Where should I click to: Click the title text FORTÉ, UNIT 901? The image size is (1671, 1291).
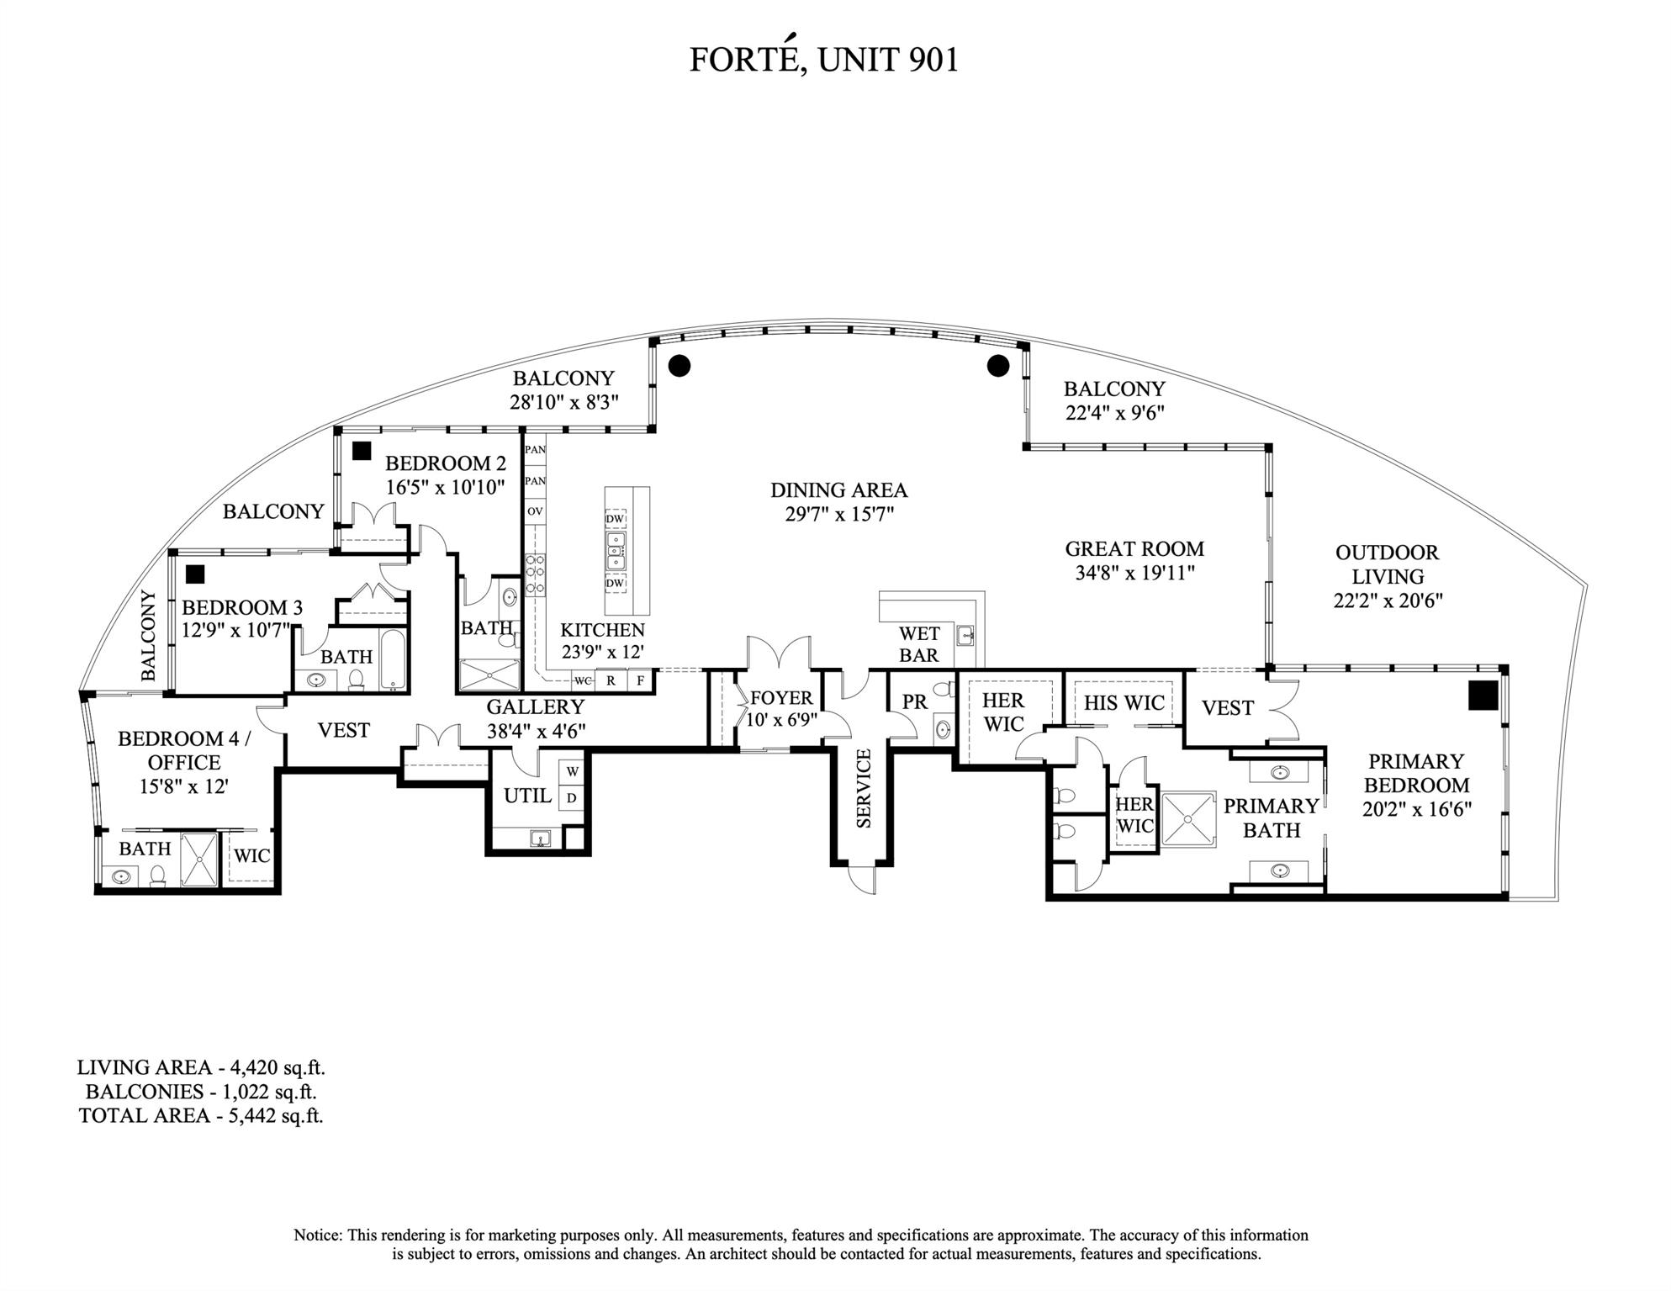(x=823, y=60)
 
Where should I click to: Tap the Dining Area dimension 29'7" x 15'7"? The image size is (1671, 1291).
(x=838, y=514)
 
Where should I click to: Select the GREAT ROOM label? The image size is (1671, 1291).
(x=1134, y=549)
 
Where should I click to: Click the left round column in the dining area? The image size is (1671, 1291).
(x=679, y=365)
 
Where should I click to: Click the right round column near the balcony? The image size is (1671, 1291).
(x=997, y=366)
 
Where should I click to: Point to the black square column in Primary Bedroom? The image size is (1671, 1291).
(x=1483, y=696)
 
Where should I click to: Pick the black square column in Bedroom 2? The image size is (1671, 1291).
(x=362, y=451)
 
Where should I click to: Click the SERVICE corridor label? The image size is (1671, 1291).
(x=864, y=789)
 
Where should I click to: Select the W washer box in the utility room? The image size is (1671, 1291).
(x=572, y=771)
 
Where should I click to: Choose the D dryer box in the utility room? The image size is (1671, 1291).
(x=572, y=797)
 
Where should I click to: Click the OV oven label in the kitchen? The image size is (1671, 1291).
(x=535, y=511)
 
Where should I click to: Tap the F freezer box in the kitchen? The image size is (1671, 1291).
(x=641, y=680)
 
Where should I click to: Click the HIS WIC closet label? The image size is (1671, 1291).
(x=1124, y=703)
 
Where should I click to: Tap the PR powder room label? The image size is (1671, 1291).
(x=914, y=701)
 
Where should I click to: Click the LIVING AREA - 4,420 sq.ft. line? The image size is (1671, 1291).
(x=201, y=1068)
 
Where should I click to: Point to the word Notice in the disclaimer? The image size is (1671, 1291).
(x=317, y=1235)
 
